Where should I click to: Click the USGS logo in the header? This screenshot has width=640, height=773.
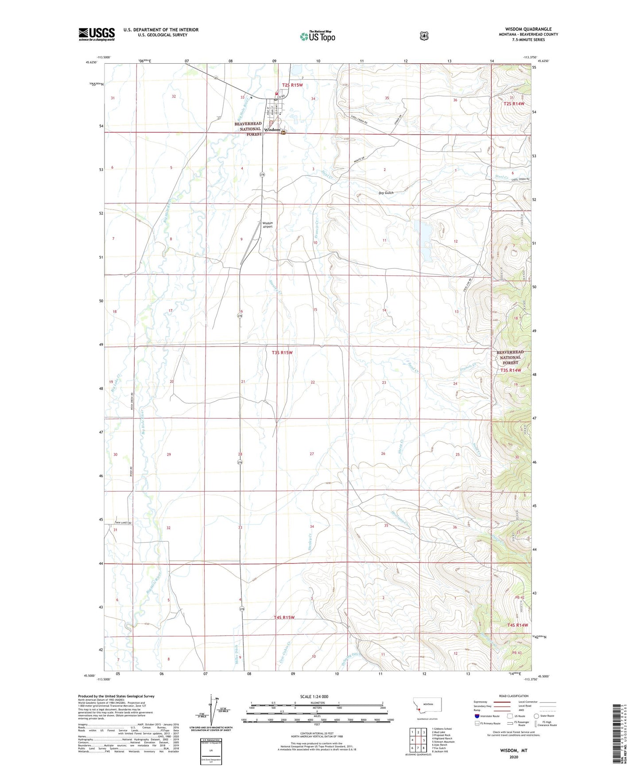[x=97, y=34]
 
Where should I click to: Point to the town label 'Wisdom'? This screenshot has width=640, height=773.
[x=272, y=130]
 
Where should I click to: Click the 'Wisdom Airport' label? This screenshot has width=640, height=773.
[x=268, y=225]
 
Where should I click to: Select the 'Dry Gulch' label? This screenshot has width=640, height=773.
[x=386, y=193]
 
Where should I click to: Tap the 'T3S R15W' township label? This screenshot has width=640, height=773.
[x=282, y=352]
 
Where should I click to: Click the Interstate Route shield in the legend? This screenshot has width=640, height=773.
[x=477, y=716]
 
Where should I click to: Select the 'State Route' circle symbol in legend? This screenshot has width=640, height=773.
[x=536, y=716]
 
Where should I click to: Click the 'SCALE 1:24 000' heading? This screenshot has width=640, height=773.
[x=314, y=696]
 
